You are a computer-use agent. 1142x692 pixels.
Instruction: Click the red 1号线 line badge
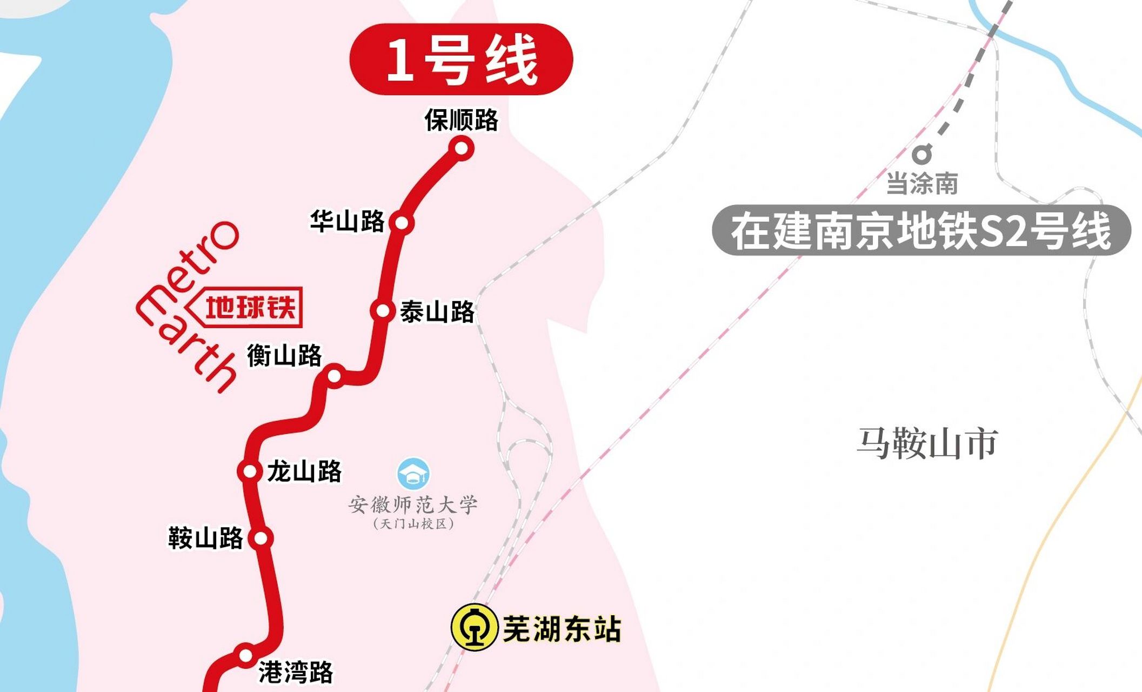coord(461,59)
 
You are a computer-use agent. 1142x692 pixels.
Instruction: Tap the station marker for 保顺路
coord(462,148)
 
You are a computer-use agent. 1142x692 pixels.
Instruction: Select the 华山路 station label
coord(347,222)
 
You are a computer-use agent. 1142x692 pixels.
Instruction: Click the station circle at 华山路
coord(402,222)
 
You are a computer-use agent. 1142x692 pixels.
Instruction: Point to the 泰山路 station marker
coord(383,311)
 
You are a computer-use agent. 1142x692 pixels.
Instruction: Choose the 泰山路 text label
coord(437,312)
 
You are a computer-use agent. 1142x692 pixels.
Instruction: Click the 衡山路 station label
coord(284,356)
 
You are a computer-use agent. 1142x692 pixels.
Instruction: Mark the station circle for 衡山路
coord(335,375)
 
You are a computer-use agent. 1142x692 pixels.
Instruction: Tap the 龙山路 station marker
coord(250,471)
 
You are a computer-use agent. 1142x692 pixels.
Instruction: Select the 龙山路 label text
coord(305,471)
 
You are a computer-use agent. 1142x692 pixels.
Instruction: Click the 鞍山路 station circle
coord(261,538)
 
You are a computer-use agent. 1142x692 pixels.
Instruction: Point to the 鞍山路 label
coord(205,538)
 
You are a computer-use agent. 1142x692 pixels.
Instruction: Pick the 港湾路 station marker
coord(246,655)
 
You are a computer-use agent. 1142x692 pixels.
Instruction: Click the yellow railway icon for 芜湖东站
coord(474,627)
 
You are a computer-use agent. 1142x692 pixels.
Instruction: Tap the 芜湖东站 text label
coord(562,629)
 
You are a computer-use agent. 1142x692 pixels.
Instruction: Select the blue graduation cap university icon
coord(413,474)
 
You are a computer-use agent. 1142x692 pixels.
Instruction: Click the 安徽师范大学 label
coord(413,505)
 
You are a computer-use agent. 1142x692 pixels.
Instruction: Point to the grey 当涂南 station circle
coord(922,155)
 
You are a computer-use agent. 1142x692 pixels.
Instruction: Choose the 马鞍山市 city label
coord(927,443)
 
